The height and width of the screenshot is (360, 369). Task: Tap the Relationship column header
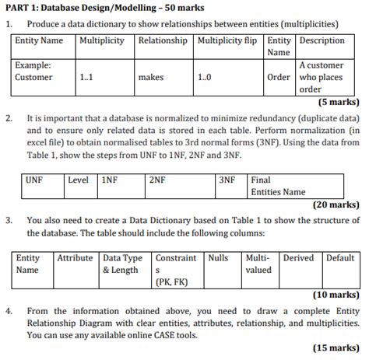[162, 40]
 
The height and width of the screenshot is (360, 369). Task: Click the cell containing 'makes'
[150, 78]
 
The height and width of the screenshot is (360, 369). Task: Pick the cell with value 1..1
[86, 78]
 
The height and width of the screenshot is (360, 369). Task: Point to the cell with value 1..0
[205, 78]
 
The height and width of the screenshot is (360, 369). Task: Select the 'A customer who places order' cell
[321, 78]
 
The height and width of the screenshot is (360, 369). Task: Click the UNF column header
[34, 180]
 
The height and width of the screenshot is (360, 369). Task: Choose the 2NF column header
[157, 180]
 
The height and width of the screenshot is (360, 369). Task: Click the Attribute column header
[75, 257]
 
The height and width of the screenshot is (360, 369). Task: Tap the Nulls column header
[219, 257]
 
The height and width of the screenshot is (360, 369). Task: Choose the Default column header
[340, 257]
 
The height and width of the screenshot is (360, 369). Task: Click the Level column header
[78, 180]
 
